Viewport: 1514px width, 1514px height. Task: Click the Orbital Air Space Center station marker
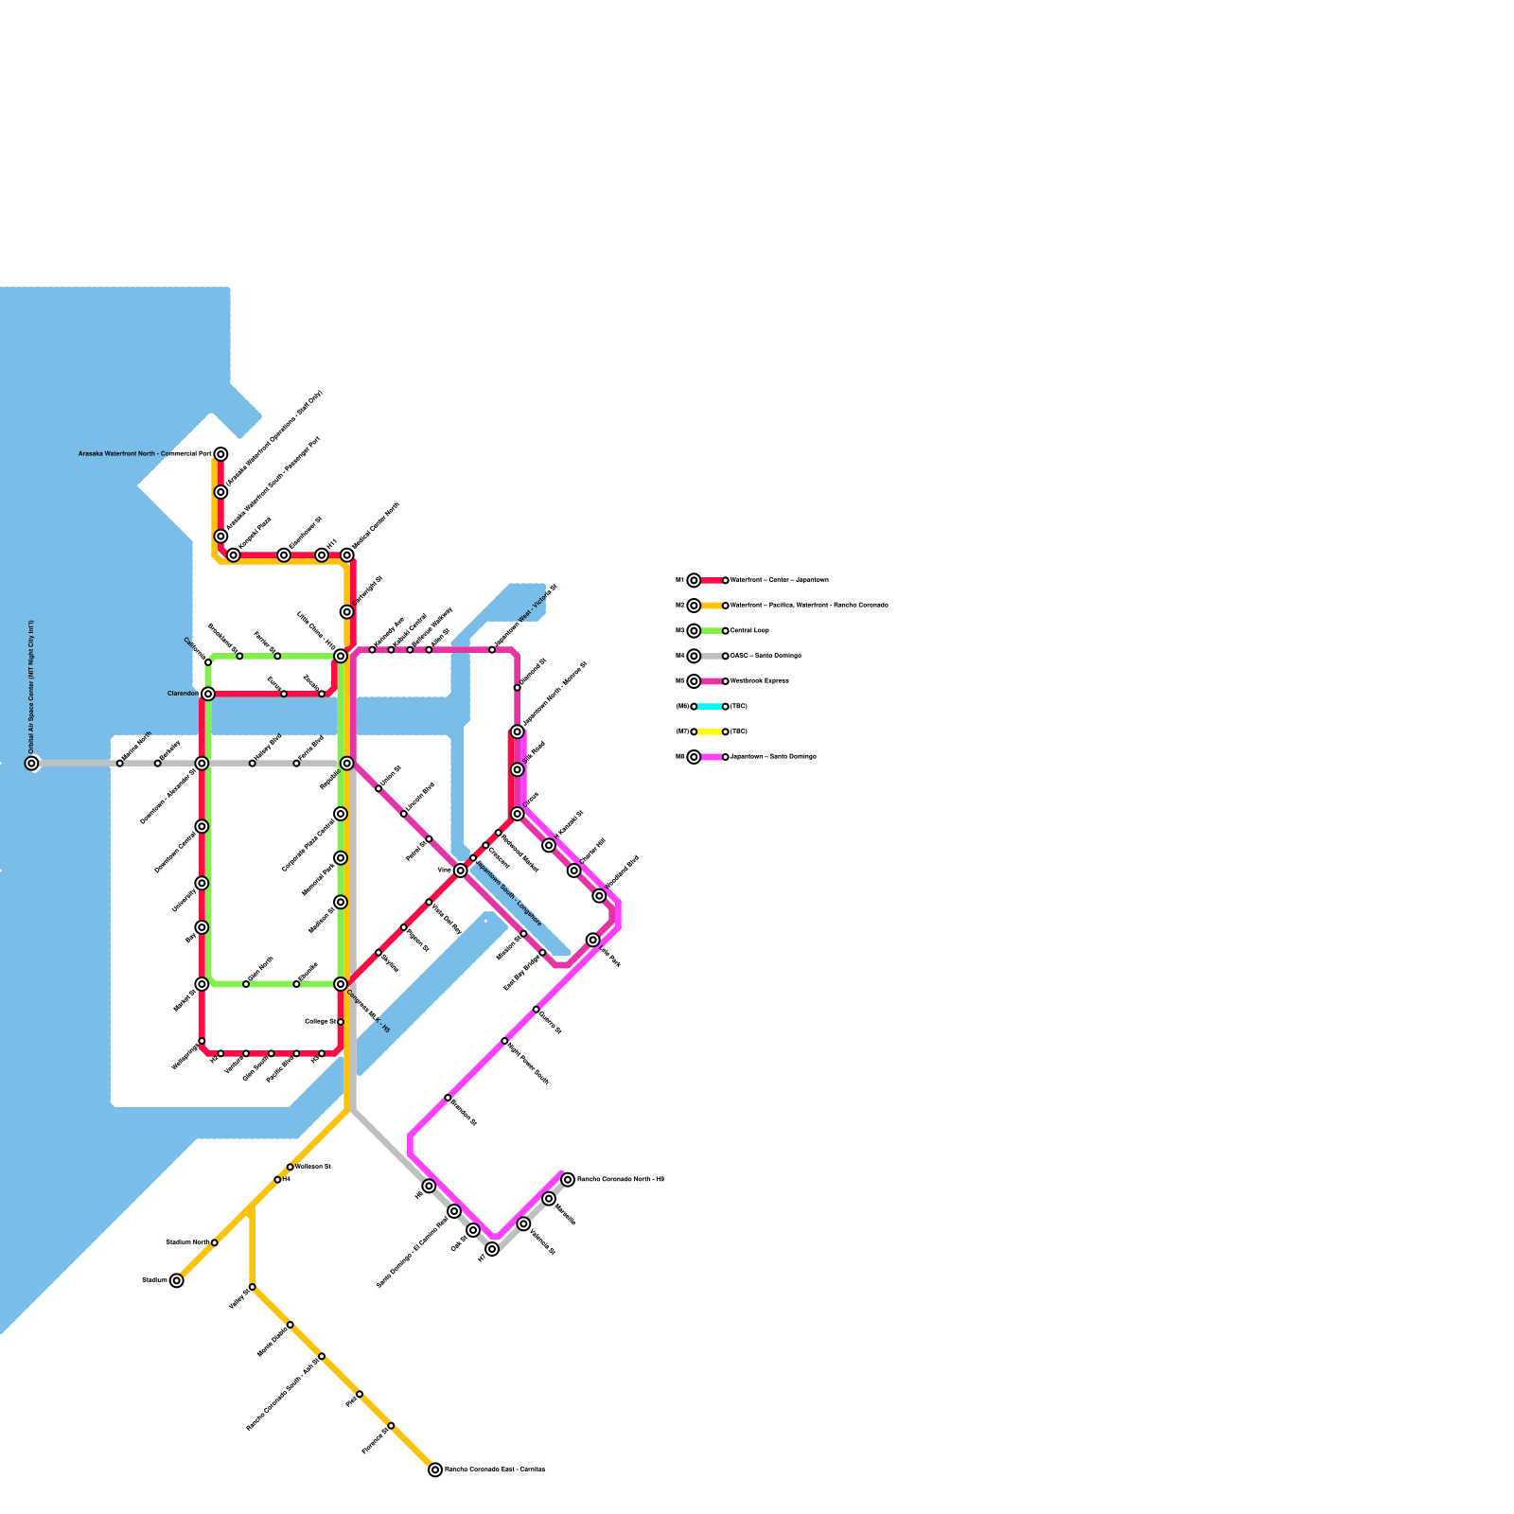click(32, 763)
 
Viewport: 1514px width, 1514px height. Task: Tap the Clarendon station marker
click(208, 694)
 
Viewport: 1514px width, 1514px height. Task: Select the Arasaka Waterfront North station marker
click(220, 454)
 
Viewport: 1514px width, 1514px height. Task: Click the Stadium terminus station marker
click(177, 1280)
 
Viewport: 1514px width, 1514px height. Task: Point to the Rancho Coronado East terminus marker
click(435, 1470)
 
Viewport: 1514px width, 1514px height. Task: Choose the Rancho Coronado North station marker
click(568, 1179)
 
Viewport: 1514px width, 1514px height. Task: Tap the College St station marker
click(341, 1022)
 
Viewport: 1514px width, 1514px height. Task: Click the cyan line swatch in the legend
click(710, 706)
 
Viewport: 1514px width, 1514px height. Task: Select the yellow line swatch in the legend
click(710, 731)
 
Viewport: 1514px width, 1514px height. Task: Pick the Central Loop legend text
click(749, 630)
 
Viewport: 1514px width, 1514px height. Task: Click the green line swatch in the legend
click(710, 630)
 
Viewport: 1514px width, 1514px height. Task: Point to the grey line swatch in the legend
click(710, 656)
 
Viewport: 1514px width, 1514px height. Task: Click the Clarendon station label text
click(183, 694)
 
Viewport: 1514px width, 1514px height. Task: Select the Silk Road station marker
click(518, 769)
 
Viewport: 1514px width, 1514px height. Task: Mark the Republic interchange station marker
click(347, 763)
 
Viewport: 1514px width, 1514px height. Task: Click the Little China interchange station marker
click(341, 656)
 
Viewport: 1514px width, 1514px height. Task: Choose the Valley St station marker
click(252, 1287)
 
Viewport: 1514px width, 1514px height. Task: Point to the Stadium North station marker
click(215, 1242)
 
